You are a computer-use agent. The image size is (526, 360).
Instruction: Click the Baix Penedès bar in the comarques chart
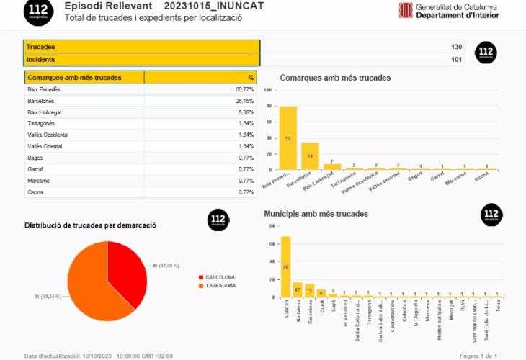287,138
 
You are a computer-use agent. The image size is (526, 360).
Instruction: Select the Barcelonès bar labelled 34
310,156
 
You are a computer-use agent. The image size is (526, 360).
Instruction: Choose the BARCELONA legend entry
220,276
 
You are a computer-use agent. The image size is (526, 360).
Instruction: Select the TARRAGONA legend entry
220,285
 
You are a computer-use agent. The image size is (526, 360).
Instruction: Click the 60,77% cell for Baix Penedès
244,89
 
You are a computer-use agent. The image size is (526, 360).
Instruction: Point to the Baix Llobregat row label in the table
44,112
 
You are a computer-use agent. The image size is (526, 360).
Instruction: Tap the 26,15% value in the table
245,101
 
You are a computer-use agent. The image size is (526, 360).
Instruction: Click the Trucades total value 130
456,47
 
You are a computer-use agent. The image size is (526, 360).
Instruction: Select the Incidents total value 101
456,60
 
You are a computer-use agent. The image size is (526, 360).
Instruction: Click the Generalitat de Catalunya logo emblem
406,9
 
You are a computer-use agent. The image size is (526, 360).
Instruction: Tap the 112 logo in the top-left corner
37,10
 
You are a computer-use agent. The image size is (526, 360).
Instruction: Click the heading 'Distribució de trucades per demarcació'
91,226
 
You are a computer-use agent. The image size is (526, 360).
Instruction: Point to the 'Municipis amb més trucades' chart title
316,214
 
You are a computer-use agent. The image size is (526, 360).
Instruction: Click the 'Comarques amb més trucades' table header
74,77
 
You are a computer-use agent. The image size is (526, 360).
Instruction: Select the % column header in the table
251,77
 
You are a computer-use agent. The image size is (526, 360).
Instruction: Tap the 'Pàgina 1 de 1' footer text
478,356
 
